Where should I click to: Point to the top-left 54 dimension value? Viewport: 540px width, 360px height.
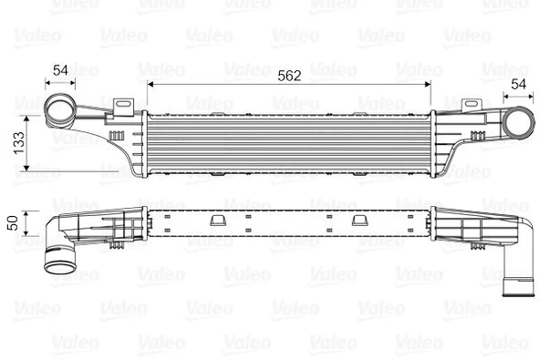(61, 68)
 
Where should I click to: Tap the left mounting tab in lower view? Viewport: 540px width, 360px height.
(217, 220)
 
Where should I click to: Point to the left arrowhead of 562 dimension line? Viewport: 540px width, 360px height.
(150, 85)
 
